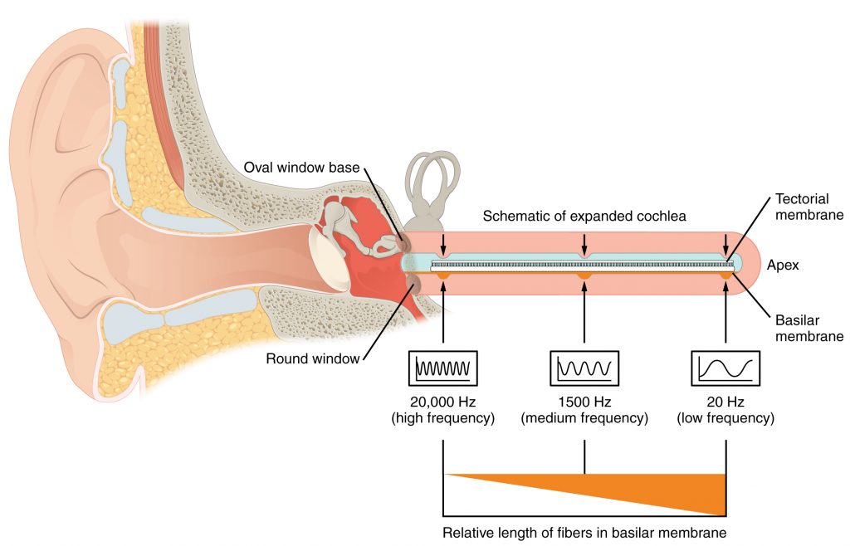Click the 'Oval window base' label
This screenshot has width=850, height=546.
click(301, 168)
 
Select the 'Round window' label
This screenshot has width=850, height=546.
click(313, 359)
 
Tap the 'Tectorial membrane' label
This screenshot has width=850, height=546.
click(809, 208)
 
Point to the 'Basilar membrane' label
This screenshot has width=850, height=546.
click(809, 329)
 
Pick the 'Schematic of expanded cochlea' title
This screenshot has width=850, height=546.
click(584, 216)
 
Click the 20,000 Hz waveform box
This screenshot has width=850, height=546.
click(443, 366)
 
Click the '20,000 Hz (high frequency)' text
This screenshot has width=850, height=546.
click(443, 410)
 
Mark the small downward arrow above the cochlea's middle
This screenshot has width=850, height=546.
click(585, 244)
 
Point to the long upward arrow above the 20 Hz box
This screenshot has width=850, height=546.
click(726, 311)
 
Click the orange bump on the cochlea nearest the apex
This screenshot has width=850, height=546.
click(726, 274)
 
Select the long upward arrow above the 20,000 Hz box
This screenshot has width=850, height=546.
click(444, 311)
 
